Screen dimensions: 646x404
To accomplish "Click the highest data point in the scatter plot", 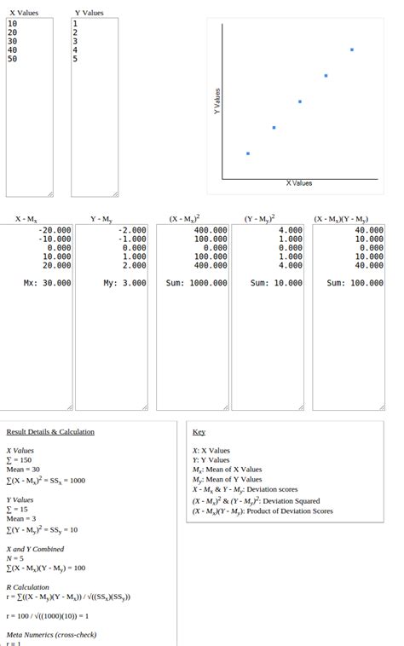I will (352, 49).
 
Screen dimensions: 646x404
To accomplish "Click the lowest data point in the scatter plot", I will (248, 153).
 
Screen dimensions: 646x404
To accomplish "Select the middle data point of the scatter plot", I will (300, 101).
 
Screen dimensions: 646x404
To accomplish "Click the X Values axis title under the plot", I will (298, 183).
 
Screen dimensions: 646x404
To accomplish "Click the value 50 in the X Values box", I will (12, 60).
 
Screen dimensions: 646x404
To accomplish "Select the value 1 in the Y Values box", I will (75, 24).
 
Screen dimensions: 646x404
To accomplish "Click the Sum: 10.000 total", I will (276, 283).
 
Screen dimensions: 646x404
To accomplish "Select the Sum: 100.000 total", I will (355, 283).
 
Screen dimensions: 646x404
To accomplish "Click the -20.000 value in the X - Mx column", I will (55, 230).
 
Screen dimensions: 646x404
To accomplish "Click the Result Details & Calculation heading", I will (50, 432).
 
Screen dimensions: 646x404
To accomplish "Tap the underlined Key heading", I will (199, 432).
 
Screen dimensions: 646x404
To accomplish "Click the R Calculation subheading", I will (27, 587).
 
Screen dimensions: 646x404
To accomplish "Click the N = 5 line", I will (17, 558).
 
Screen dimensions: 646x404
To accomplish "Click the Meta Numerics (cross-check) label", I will (51, 635).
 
